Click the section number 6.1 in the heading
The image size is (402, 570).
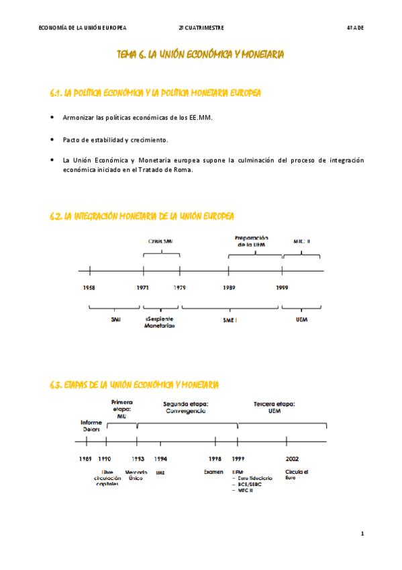[56, 92]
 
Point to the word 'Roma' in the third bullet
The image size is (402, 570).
[182, 170]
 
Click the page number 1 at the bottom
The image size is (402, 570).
[362, 534]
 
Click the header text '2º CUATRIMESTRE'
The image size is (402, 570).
[201, 28]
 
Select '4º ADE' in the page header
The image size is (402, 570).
[355, 28]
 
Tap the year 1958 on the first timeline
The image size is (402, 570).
[89, 287]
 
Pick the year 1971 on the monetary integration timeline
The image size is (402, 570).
[143, 287]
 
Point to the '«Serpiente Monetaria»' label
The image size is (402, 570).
[160, 322]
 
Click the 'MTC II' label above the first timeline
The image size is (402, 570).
[301, 241]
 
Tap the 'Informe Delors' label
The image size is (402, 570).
[91, 425]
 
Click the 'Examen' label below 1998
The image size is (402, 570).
[213, 472]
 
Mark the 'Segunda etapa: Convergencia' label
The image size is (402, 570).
[186, 407]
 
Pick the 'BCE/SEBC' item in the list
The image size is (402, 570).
[250, 484]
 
